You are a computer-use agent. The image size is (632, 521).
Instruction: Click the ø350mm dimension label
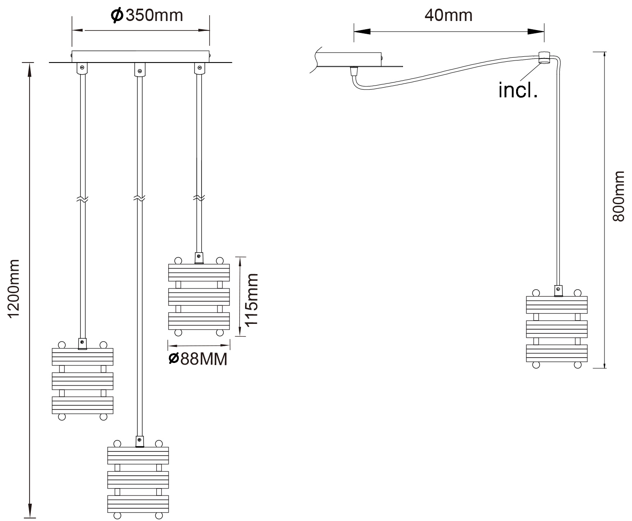click(147, 15)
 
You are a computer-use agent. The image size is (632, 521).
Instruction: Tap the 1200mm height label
click(14, 288)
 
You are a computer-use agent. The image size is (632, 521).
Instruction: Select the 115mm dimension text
click(251, 300)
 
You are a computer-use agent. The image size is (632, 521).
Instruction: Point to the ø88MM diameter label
click(198, 359)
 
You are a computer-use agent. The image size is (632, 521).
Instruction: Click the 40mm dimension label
click(448, 15)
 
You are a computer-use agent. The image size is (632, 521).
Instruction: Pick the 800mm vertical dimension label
click(618, 196)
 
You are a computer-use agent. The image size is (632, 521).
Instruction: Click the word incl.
click(518, 90)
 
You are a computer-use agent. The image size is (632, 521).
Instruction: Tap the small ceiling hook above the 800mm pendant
click(544, 58)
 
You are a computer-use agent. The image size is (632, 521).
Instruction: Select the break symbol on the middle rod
click(139, 198)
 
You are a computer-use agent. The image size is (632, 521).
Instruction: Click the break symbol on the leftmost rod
click(82, 199)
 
